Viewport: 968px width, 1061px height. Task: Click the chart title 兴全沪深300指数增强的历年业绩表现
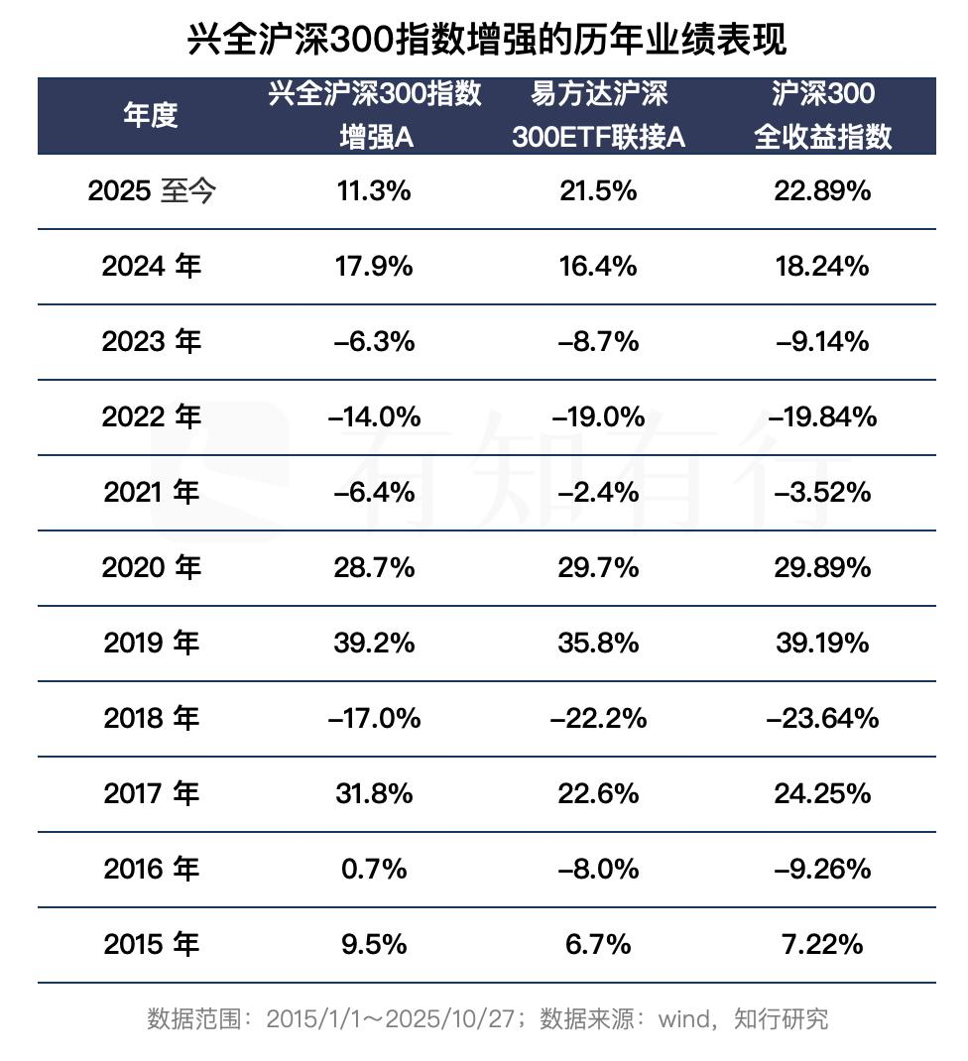click(x=486, y=39)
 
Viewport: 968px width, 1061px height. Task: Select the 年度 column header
click(x=151, y=115)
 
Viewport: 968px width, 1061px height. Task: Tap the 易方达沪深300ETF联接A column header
click(x=598, y=115)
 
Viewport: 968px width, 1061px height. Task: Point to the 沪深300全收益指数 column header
click(x=822, y=115)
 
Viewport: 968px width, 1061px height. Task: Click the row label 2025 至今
click(x=151, y=190)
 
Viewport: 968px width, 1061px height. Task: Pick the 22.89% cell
click(x=822, y=190)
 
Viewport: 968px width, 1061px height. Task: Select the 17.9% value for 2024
click(x=374, y=266)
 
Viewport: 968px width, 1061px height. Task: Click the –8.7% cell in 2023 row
click(x=598, y=341)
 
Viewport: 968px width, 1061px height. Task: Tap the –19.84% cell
click(x=822, y=416)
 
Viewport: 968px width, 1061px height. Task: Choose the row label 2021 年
click(x=151, y=492)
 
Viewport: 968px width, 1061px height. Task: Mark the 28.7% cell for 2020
click(x=374, y=567)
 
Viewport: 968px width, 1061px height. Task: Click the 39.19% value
click(x=822, y=643)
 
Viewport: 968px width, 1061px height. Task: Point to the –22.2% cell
click(x=598, y=718)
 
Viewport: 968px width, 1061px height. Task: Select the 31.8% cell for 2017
click(x=374, y=793)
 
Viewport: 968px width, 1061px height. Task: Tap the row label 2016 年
click(x=151, y=869)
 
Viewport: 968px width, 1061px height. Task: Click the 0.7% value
click(x=374, y=869)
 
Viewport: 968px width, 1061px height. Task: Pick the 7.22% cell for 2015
click(x=822, y=944)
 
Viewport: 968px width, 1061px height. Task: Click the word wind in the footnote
click(x=685, y=1018)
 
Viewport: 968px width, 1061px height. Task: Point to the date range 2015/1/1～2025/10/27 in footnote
click(x=395, y=1018)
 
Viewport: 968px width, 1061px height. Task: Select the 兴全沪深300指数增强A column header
click(x=375, y=115)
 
